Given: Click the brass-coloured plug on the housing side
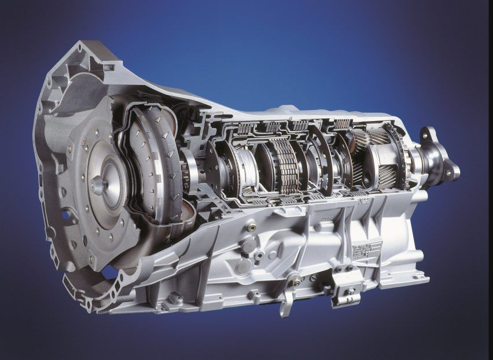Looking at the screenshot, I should pyautogui.click(x=250, y=228).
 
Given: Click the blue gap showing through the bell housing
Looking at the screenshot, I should pyautogui.click(x=108, y=272).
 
